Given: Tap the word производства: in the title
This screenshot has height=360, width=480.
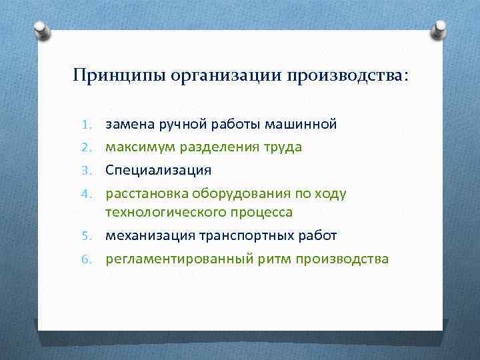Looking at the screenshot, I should (x=346, y=75).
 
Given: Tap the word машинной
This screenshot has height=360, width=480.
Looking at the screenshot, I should (x=301, y=124).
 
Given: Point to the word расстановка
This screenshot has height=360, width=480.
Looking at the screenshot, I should (x=147, y=193).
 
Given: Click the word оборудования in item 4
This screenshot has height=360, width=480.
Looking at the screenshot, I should (x=243, y=193).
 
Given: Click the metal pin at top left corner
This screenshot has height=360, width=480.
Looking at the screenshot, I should (x=41, y=29).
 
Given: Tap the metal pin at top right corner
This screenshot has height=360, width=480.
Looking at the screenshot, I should (x=441, y=29).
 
